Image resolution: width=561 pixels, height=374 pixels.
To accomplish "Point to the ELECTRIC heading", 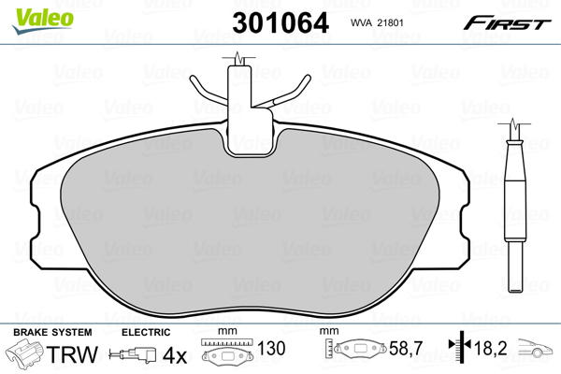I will [146, 333].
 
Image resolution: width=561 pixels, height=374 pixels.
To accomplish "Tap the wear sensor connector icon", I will [133, 355].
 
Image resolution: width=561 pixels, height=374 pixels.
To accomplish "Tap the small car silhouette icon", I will [537, 352].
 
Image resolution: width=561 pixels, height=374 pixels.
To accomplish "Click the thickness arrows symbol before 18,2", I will [460, 349].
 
